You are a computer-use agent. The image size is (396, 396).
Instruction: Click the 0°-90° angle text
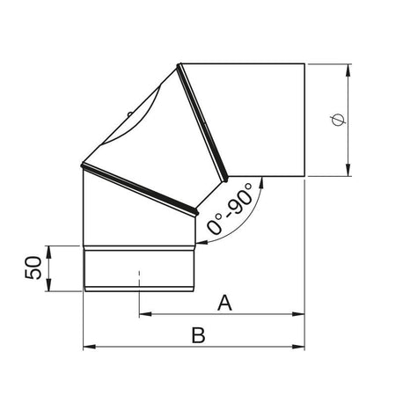click(231, 209)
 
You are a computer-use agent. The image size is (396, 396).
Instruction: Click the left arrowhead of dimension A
click(144, 313)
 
